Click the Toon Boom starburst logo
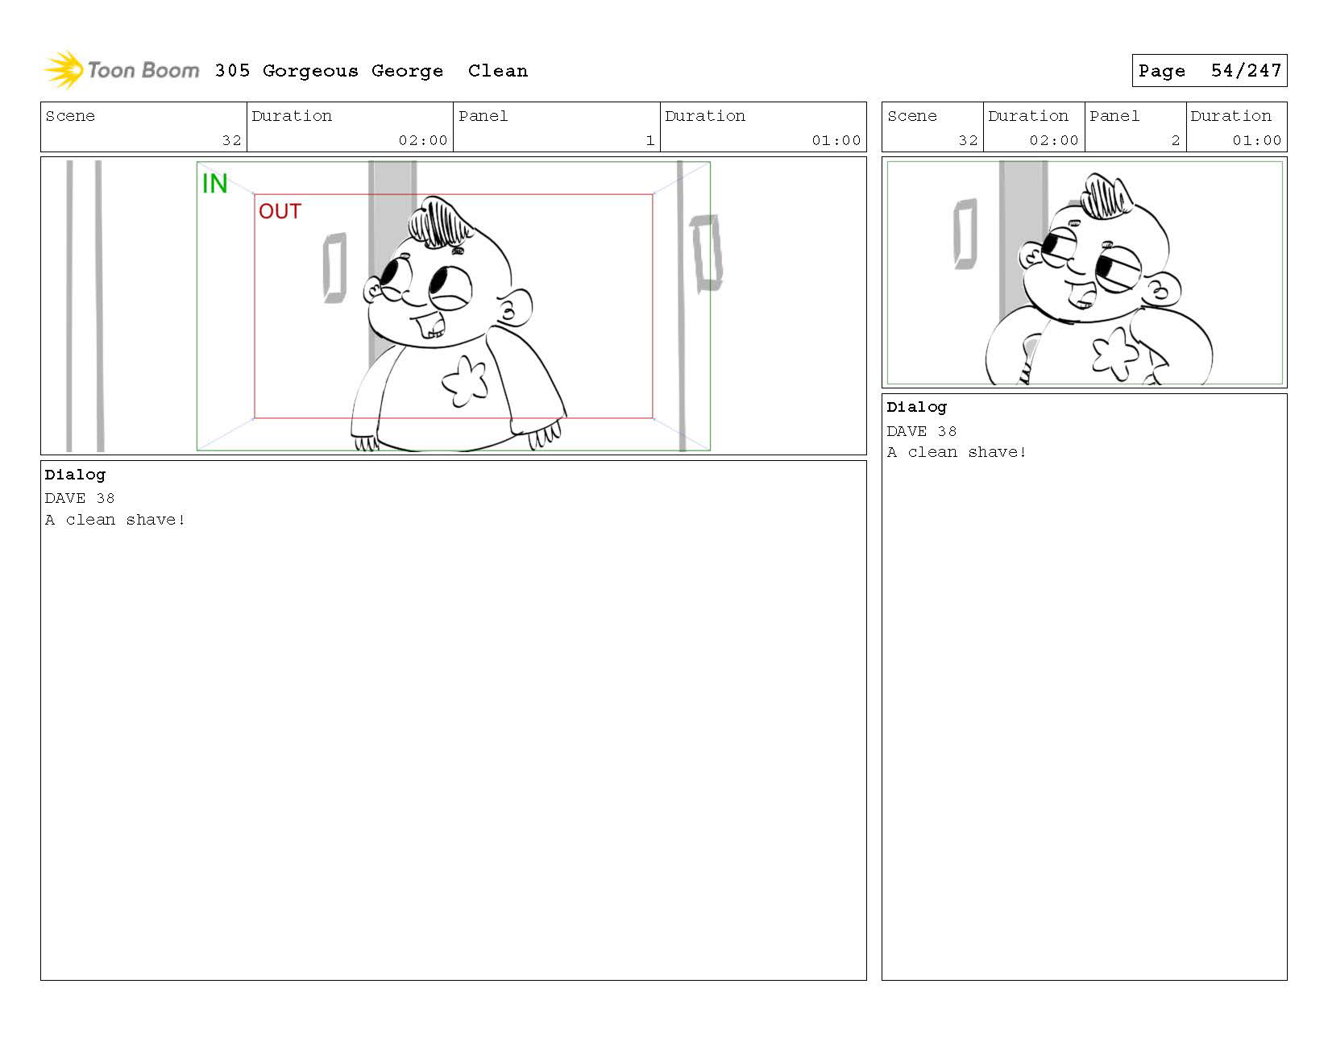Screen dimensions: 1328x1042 point(64,69)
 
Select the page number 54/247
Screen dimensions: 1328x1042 point(1246,71)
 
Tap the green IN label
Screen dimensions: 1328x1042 point(214,184)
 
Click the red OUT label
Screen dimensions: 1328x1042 point(280,211)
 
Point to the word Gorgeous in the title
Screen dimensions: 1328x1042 point(310,72)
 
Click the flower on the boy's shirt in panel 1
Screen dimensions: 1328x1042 point(465,381)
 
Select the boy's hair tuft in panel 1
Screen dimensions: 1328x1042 point(439,222)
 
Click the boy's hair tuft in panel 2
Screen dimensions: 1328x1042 point(1106,195)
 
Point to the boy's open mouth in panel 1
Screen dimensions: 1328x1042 point(430,325)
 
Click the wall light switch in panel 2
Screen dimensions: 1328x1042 point(965,234)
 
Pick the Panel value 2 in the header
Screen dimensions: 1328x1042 point(1175,140)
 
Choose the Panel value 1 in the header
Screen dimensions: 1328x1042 point(649,140)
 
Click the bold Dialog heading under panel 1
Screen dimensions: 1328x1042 point(75,475)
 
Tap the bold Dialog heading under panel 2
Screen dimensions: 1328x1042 point(917,407)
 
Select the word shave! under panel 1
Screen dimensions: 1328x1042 point(156,520)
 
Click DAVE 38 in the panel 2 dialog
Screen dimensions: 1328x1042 point(922,431)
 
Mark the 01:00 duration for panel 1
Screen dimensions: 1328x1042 point(836,140)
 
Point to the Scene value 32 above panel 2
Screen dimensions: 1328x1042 point(968,140)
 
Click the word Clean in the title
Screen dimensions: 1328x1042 point(497,71)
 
